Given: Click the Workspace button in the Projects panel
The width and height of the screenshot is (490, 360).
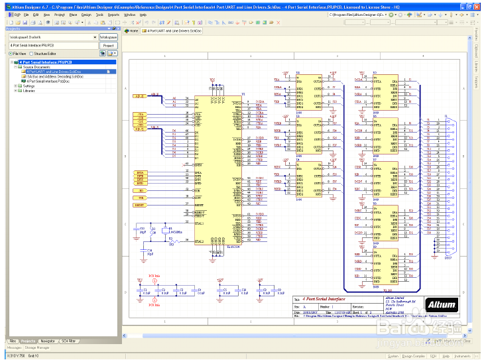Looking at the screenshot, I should (108, 38).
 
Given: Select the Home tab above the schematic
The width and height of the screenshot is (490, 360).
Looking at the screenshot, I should (132, 30).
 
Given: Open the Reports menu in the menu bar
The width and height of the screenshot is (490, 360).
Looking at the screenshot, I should (113, 14).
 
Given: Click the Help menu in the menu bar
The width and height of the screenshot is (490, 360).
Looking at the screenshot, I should (143, 14).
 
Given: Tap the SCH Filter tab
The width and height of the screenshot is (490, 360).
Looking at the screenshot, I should (69, 341).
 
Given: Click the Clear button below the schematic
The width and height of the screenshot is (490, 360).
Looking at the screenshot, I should (467, 341).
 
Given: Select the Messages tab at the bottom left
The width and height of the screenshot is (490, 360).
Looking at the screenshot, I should (13, 347).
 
